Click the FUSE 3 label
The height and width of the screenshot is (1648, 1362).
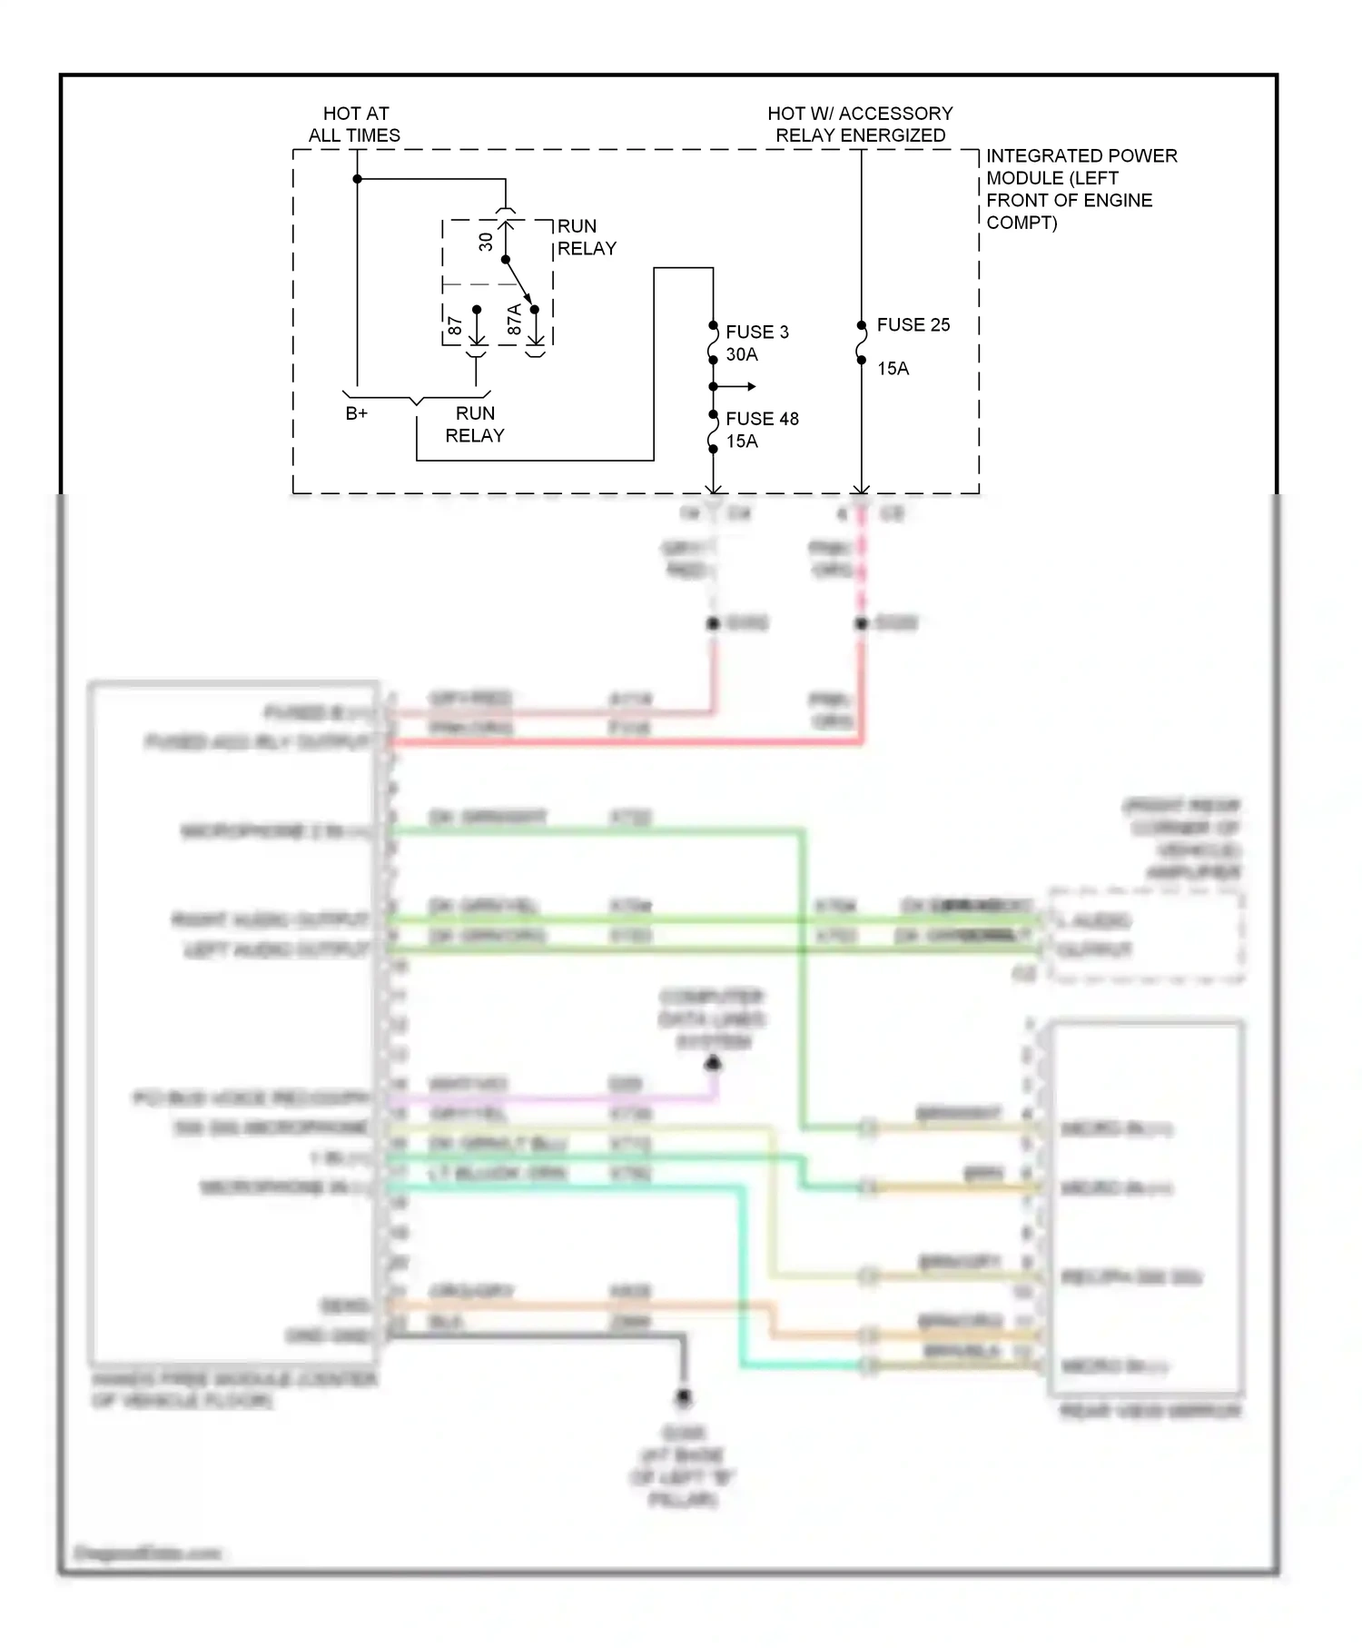tap(756, 332)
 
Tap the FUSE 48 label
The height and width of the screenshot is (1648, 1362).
tap(762, 419)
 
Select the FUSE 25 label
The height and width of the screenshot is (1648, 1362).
tap(913, 324)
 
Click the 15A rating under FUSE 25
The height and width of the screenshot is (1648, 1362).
tap(893, 368)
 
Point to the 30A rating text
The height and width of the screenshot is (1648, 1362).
tap(742, 354)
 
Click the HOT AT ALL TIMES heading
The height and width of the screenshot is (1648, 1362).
tap(355, 124)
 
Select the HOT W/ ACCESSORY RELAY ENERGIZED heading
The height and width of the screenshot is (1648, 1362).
tap(860, 124)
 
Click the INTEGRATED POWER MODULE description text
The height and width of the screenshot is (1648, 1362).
tap(1081, 189)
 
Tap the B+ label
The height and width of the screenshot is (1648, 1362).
tap(357, 413)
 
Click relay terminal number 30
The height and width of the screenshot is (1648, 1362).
tap(486, 242)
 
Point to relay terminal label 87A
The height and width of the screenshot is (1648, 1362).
tap(514, 320)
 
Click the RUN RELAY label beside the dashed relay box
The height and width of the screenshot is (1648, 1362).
tap(587, 237)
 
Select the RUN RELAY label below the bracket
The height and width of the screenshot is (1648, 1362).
tap(475, 424)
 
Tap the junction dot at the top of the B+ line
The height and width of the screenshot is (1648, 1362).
tap(358, 179)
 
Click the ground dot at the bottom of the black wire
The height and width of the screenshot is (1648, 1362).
tap(684, 1396)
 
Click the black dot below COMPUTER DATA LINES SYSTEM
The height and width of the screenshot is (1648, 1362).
tap(714, 1062)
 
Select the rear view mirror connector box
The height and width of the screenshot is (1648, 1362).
tap(1147, 1208)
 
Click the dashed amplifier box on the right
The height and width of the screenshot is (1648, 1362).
tap(1147, 936)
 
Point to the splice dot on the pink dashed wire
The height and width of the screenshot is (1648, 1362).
tap(861, 623)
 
